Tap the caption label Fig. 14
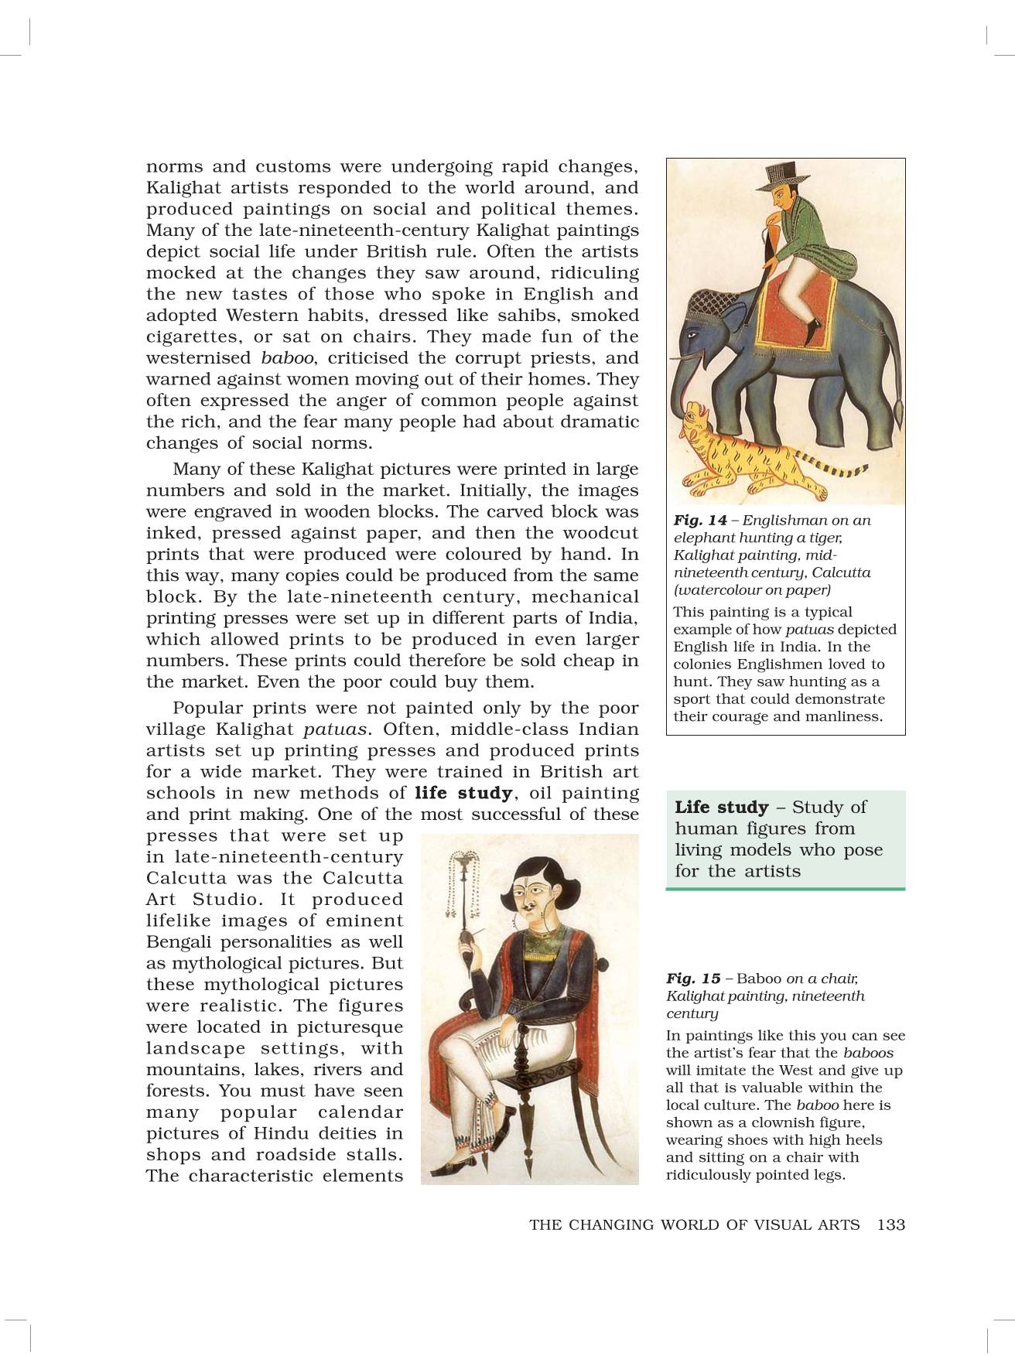(x=700, y=521)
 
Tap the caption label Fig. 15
(x=693, y=979)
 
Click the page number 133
(x=891, y=1224)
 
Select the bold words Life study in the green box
(x=721, y=808)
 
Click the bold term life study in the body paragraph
(x=463, y=793)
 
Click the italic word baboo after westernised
(x=287, y=358)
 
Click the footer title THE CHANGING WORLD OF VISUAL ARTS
(x=694, y=1224)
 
